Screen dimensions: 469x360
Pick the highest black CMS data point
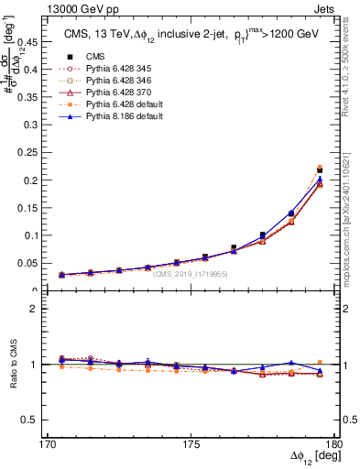[320, 170]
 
